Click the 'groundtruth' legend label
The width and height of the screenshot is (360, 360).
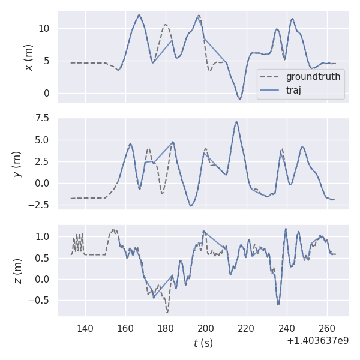click(x=313, y=77)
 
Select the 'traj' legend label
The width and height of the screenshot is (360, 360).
click(x=293, y=91)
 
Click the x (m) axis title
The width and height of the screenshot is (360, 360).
click(x=28, y=57)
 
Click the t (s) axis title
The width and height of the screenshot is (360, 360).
click(x=203, y=343)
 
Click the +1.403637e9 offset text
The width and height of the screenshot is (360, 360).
click(x=317, y=341)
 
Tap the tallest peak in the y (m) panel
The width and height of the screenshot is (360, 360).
click(x=236, y=122)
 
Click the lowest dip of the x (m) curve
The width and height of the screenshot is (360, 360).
click(x=239, y=99)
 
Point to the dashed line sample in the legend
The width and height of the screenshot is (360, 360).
click(x=271, y=77)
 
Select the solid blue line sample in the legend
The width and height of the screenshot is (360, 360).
click(x=271, y=91)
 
